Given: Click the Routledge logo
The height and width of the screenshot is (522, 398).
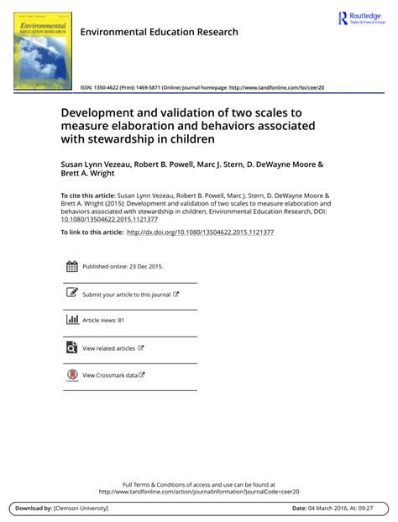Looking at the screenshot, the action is click(362, 18).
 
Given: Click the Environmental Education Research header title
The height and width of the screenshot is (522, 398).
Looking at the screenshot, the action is click(159, 32).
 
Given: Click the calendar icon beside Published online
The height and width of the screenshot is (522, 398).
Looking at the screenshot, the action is click(71, 267).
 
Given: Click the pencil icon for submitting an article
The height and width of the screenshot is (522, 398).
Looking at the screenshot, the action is click(71, 294).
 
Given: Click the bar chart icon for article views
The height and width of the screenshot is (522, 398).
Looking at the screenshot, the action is click(71, 320).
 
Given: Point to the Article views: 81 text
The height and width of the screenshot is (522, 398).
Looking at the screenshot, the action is click(103, 320).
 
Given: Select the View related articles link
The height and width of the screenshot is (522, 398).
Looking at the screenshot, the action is click(108, 347).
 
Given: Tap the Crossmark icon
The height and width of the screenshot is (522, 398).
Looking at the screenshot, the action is click(71, 375).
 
